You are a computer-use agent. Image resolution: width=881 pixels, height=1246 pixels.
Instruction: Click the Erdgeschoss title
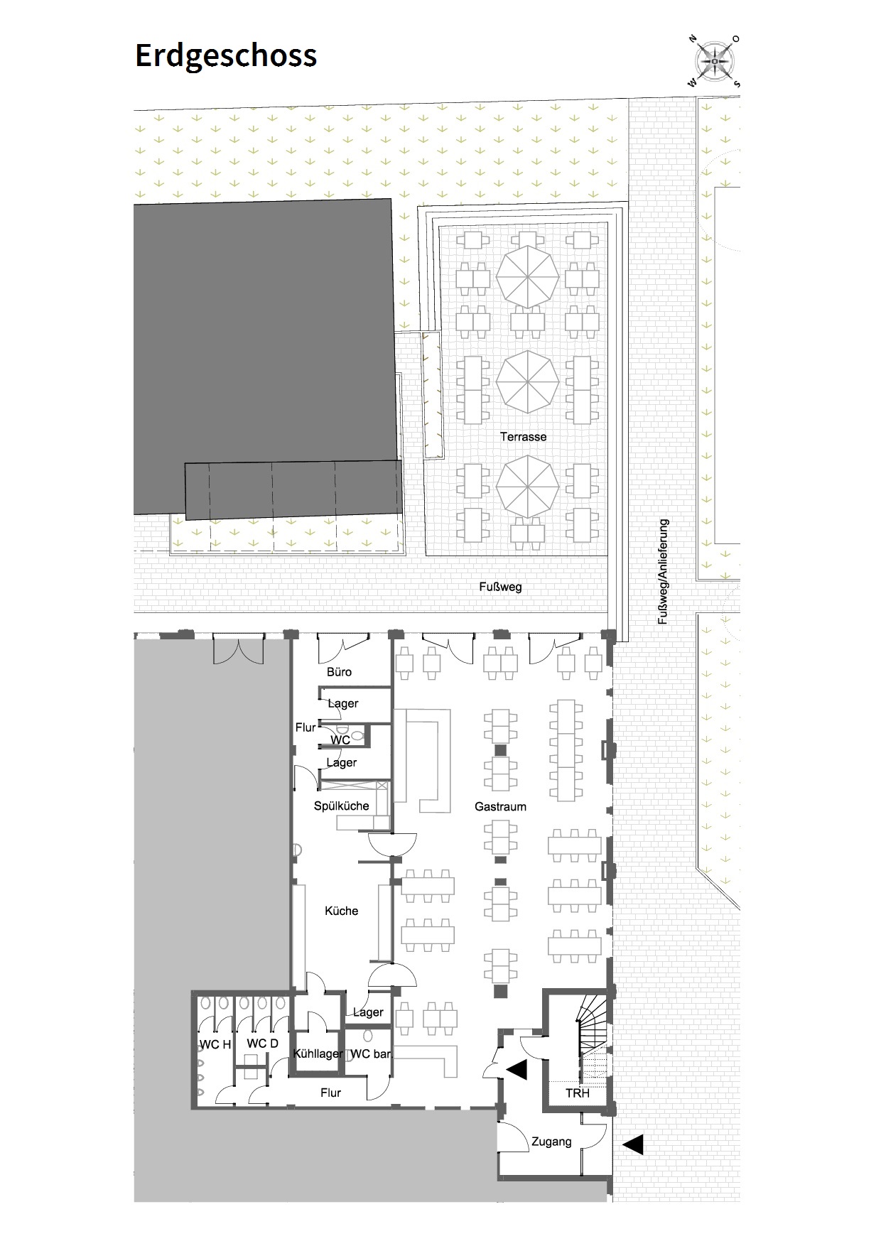(226, 56)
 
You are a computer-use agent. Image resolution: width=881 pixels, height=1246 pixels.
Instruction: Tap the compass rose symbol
(714, 61)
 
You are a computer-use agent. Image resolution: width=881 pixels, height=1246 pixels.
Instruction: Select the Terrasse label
(524, 437)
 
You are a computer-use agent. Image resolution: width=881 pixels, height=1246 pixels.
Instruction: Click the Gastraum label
(501, 807)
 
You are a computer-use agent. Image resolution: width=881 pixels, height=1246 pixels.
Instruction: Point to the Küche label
(341, 911)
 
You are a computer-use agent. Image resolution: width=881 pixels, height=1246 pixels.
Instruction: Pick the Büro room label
(339, 671)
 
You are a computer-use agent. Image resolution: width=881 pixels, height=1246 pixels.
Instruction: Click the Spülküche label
(342, 806)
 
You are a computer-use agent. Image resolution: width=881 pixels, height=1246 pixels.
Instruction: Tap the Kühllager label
(318, 1054)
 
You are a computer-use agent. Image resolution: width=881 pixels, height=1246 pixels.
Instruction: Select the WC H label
(215, 1044)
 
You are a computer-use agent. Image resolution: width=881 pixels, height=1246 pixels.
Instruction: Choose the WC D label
(262, 1044)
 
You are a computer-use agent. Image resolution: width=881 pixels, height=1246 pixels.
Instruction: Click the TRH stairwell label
(578, 1093)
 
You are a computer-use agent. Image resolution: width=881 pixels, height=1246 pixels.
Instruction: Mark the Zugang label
(551, 1142)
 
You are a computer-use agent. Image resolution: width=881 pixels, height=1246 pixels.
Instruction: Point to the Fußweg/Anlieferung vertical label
(664, 572)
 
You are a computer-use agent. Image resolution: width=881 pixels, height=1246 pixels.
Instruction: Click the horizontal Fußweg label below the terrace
(500, 587)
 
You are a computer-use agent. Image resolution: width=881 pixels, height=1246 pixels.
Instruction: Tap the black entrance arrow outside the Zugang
(633, 1144)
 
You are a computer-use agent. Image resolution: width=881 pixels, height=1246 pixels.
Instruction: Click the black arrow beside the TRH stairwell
(517, 1069)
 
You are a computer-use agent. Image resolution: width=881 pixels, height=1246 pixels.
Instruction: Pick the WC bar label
(371, 1054)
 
